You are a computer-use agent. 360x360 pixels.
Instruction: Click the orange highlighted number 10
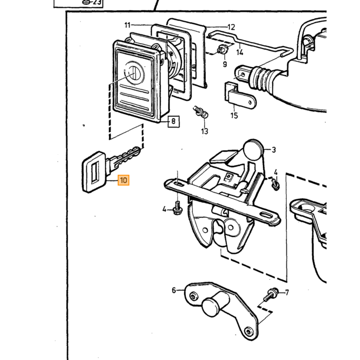click(123, 180)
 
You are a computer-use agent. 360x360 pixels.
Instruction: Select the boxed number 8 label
click(174, 121)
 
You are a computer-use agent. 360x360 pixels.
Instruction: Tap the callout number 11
click(128, 25)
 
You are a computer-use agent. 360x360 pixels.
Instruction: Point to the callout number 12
click(231, 27)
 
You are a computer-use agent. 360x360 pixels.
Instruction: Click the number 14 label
click(240, 52)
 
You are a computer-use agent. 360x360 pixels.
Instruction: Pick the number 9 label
click(225, 64)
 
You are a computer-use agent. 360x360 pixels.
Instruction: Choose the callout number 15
click(234, 116)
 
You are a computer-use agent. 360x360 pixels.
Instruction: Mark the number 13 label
click(204, 131)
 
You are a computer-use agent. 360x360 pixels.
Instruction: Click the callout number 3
click(274, 150)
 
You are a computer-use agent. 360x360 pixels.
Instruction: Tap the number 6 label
click(174, 290)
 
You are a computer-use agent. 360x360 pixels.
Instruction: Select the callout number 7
click(287, 293)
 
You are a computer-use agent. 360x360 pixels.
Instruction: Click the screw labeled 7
click(271, 295)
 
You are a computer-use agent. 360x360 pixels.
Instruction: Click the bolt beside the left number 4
click(177, 208)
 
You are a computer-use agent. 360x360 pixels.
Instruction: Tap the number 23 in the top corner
click(97, 3)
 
